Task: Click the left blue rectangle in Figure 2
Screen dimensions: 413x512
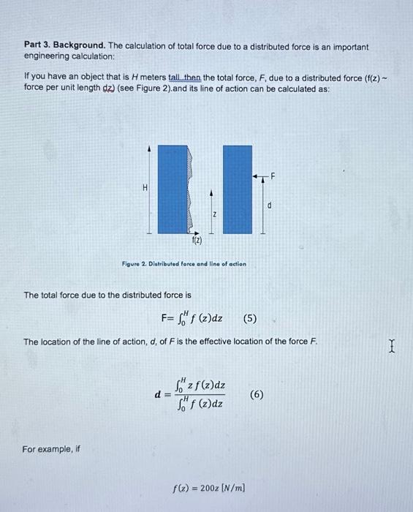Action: click(173, 189)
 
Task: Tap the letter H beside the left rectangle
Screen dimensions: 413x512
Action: click(145, 188)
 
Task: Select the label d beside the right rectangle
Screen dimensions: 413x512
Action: click(269, 206)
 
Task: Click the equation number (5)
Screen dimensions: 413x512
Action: click(250, 318)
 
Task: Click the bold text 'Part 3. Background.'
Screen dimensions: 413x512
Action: click(64, 46)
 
